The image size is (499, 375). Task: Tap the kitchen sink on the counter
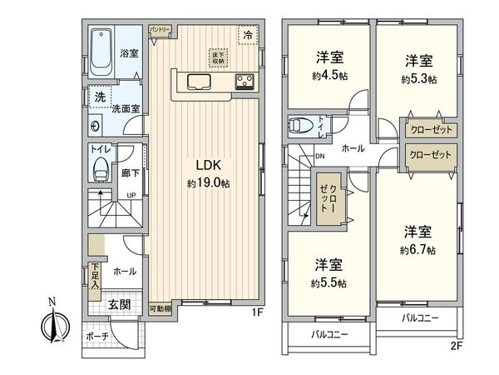pyautogui.click(x=200, y=81)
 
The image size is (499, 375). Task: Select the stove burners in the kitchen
pyautogui.click(x=246, y=81)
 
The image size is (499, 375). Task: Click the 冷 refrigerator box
pyautogui.click(x=247, y=34)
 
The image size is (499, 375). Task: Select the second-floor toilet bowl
pyautogui.click(x=301, y=127)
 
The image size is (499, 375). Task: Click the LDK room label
pyautogui.click(x=207, y=163)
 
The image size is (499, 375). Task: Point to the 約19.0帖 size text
pyautogui.click(x=207, y=181)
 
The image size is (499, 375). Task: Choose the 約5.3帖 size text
pyautogui.click(x=418, y=80)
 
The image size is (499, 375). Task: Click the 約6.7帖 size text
pyautogui.click(x=418, y=249)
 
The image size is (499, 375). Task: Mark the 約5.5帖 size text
pyautogui.click(x=329, y=282)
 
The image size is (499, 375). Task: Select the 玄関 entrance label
pyautogui.click(x=120, y=304)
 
